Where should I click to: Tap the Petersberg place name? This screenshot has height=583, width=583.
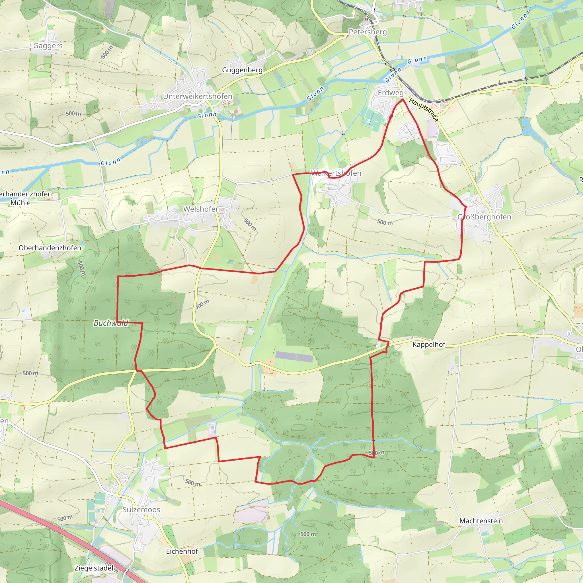tap(368, 32)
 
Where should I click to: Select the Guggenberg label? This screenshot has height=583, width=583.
tap(242, 70)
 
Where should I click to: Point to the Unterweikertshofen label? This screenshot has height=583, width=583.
tap(198, 96)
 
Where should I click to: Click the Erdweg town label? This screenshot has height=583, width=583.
tap(391, 93)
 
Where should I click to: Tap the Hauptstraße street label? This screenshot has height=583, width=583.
tap(424, 110)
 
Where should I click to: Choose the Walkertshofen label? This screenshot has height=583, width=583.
tap(336, 173)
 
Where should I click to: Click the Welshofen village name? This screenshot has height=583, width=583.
tap(201, 209)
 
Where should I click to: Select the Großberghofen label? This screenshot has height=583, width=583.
tap(484, 217)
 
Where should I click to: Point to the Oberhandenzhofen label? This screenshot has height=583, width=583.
tap(50, 248)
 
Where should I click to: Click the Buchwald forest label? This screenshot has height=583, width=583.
tap(111, 323)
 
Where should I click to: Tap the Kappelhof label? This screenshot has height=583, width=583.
tap(429, 344)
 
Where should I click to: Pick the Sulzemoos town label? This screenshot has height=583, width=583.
tap(141, 509)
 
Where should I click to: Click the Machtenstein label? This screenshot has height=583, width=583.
tap(481, 521)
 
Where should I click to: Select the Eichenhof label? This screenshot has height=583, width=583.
tap(182, 551)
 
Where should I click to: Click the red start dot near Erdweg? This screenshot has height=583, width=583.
tap(391, 116)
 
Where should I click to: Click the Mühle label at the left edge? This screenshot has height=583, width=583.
tap(20, 203)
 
